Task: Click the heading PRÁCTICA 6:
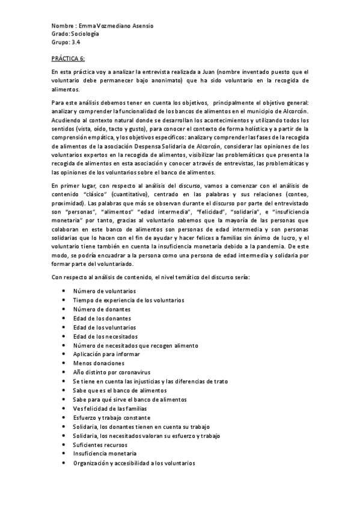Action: click(68, 58)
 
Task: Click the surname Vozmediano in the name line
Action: click(118, 26)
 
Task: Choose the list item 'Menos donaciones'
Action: click(99, 363)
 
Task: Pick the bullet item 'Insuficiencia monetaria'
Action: click(105, 453)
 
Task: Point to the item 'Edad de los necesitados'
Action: click(105, 336)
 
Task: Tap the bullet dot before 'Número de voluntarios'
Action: click(64, 291)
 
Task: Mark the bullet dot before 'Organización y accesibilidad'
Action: click(64, 462)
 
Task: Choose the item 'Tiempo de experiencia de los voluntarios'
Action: click(129, 300)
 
